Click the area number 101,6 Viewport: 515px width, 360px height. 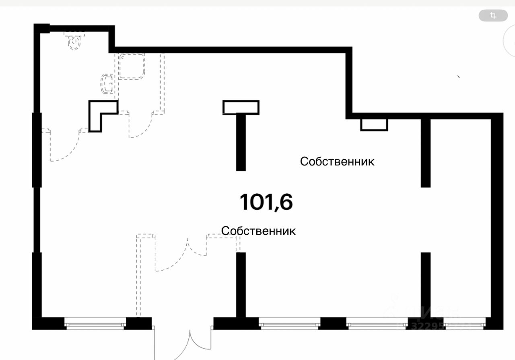[266, 202]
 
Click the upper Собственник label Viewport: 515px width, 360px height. [337, 161]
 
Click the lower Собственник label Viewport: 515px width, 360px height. [258, 231]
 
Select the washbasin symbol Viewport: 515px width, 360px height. [107, 84]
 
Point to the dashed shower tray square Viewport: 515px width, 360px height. [132, 66]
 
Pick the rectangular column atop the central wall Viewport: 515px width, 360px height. [241, 108]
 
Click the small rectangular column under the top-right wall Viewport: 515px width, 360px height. [374, 124]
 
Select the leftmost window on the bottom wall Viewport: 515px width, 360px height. [95, 323]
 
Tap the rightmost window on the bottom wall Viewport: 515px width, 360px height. [464, 323]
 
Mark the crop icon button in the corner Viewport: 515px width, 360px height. [493, 16]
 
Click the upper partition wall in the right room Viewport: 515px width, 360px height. [426, 153]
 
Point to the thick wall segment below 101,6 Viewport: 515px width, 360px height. [241, 284]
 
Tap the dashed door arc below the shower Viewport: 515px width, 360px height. [141, 127]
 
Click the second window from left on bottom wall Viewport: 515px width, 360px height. [289, 323]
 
